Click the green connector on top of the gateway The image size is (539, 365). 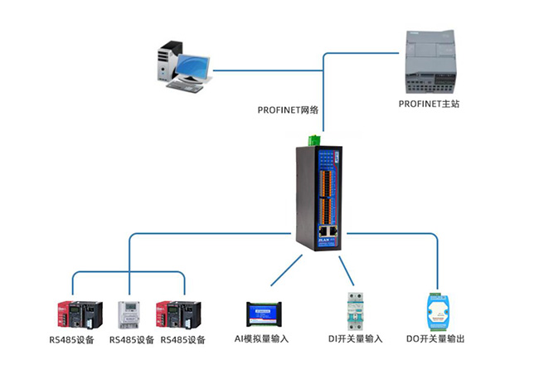click(314, 139)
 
